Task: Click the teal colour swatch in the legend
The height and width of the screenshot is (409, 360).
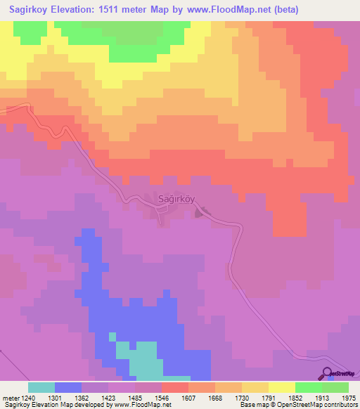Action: click(41, 387)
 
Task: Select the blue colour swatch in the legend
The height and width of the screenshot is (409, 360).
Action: click(68, 387)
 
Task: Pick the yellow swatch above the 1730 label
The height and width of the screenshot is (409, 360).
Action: click(255, 387)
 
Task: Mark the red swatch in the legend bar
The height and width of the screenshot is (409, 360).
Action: click(175, 387)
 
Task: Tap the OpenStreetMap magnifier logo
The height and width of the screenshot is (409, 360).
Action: click(327, 373)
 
